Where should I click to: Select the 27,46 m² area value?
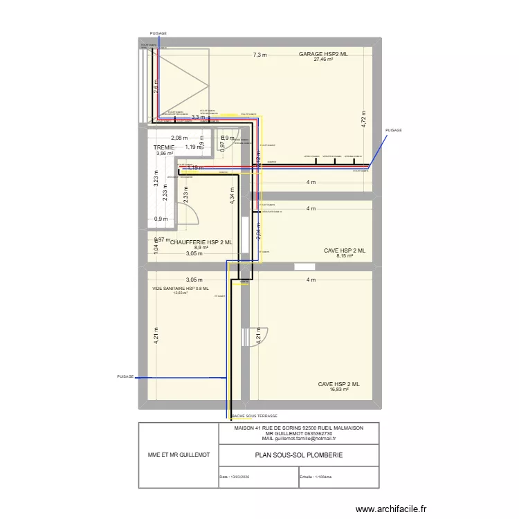click(x=323, y=60)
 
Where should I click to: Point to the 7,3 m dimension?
click(x=260, y=55)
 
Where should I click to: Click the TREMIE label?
click(x=164, y=147)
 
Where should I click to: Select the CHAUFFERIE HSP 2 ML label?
click(x=201, y=242)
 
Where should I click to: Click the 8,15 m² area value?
click(x=344, y=256)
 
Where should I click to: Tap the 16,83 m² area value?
click(x=338, y=390)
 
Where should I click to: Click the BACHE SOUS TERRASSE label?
click(x=255, y=417)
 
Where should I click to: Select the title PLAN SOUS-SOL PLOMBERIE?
click(x=298, y=455)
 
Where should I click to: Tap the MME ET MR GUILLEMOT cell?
click(x=179, y=455)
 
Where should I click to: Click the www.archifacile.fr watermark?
click(x=392, y=509)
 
